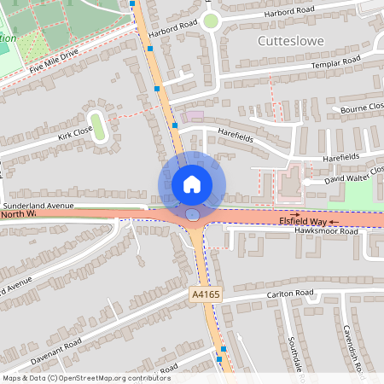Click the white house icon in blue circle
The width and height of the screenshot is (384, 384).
[191, 183]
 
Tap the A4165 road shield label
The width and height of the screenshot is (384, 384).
[200, 294]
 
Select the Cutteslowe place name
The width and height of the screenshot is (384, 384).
[289, 40]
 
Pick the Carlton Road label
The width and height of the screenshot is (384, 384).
[292, 294]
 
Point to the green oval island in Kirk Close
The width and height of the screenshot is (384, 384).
[97, 126]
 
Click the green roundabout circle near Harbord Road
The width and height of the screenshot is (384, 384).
[211, 20]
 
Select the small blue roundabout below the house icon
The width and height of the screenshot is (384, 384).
[194, 215]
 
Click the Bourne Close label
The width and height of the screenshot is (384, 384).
[362, 108]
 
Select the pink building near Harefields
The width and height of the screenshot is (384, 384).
[194, 115]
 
